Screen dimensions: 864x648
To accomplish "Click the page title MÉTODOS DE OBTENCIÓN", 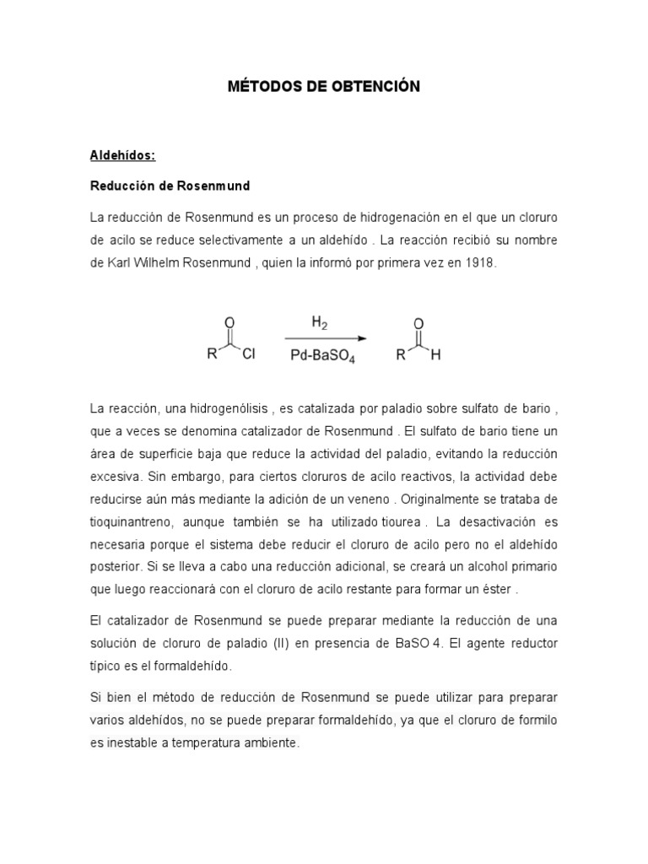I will pyautogui.click(x=324, y=87).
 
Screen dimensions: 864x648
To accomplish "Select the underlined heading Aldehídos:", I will pyautogui.click(x=124, y=155).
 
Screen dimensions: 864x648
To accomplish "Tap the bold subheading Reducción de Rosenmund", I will pyautogui.click(x=170, y=185).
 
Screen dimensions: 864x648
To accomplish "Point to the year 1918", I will pyautogui.click(x=479, y=262).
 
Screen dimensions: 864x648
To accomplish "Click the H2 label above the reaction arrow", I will pyautogui.click(x=320, y=321).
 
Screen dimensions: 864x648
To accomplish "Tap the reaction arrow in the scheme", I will pyautogui.click(x=325, y=339).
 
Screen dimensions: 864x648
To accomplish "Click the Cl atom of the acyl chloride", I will pyautogui.click(x=248, y=355).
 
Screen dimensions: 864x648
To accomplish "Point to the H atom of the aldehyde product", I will pyautogui.click(x=435, y=355).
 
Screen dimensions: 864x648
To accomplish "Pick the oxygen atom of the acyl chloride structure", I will pyautogui.click(x=229, y=321).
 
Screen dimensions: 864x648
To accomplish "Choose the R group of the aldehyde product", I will pyautogui.click(x=402, y=355).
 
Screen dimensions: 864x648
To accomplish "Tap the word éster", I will pyautogui.click(x=499, y=589).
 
